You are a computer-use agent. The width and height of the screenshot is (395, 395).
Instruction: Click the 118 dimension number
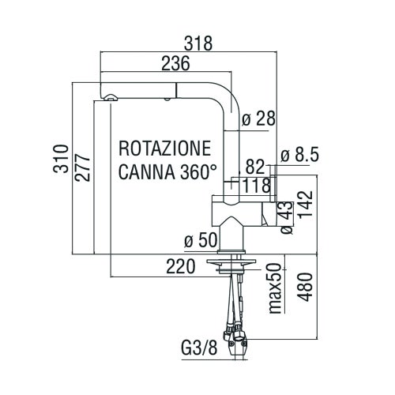[257, 186]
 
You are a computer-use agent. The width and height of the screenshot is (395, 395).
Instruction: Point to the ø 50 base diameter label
[200, 239]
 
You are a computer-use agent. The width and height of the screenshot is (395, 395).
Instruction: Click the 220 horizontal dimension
[181, 268]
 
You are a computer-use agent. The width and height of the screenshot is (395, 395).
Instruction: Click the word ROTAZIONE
[164, 148]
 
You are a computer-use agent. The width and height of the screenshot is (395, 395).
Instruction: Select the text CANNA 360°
[167, 171]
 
